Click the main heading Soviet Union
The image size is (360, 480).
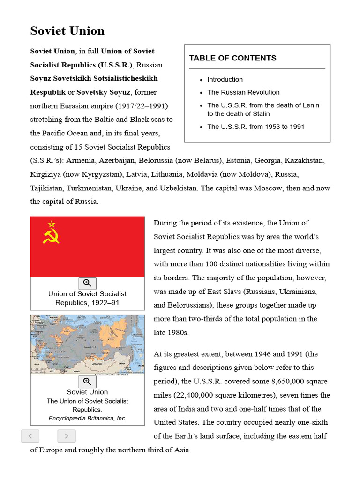(67, 31)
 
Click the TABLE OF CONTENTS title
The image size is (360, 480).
(232, 58)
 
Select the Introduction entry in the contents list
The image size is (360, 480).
(225, 80)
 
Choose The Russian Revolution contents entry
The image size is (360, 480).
(243, 92)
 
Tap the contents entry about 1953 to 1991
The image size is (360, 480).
(256, 127)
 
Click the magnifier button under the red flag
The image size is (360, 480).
(87, 283)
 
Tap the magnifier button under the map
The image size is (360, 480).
(87, 382)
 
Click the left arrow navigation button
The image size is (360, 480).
(30, 436)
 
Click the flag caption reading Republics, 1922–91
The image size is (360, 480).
(87, 303)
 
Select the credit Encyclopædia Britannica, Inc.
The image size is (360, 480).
(87, 418)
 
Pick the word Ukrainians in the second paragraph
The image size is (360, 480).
(298, 292)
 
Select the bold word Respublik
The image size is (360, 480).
(48, 92)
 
